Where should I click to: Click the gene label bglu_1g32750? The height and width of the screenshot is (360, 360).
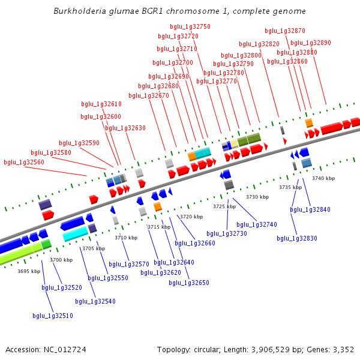(190, 27)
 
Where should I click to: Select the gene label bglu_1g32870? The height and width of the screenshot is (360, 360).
(285, 31)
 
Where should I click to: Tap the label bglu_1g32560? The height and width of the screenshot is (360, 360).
(24, 163)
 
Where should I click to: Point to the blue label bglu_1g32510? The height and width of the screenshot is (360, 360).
(53, 316)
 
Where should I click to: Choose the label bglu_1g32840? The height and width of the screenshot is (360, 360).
(310, 209)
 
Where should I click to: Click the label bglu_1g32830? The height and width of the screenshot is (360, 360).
(297, 238)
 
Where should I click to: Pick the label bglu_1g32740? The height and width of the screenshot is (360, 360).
(257, 224)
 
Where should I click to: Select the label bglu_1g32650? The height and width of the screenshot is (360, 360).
(189, 283)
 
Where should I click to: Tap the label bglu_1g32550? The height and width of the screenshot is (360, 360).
(108, 278)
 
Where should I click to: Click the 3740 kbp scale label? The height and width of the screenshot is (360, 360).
(323, 178)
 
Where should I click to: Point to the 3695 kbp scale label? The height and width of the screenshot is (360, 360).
(29, 271)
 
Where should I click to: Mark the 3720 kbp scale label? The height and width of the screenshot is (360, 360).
(191, 217)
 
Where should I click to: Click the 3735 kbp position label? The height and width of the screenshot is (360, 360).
(290, 187)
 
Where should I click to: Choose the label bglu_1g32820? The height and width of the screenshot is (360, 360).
(259, 44)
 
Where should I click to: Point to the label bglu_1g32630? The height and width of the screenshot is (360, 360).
(125, 128)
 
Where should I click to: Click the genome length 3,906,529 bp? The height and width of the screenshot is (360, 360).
(284, 349)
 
